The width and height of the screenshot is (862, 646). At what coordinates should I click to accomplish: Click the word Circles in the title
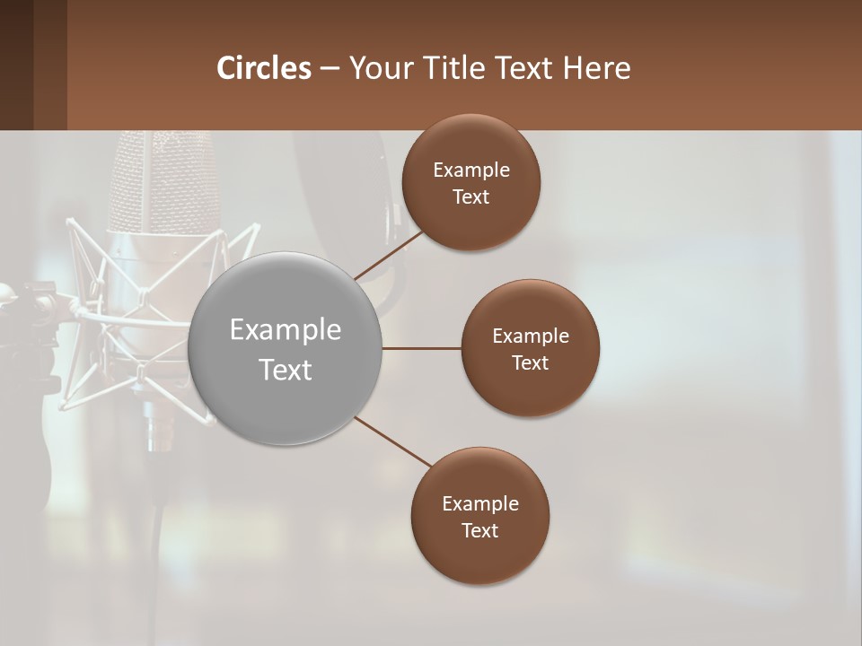click(x=264, y=68)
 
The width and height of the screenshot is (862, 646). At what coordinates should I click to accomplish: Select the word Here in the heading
click(x=597, y=68)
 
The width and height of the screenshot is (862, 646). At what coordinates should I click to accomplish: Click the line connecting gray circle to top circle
click(x=389, y=254)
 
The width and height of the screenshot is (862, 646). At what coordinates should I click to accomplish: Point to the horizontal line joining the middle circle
click(x=422, y=348)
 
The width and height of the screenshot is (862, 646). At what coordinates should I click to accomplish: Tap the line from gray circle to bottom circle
click(x=393, y=442)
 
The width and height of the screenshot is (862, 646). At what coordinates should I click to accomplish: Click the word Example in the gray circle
click(x=286, y=330)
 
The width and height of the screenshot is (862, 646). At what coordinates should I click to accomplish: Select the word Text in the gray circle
click(x=286, y=370)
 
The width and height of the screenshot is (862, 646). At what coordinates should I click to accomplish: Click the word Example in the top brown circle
click(x=471, y=170)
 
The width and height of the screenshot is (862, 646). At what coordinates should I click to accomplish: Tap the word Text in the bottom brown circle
click(x=479, y=530)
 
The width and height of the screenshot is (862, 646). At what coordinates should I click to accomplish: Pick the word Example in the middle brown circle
click(x=531, y=336)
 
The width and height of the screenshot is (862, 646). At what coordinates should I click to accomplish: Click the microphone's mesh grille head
click(x=162, y=179)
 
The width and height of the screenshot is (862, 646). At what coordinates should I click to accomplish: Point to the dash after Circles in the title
click(x=330, y=69)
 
